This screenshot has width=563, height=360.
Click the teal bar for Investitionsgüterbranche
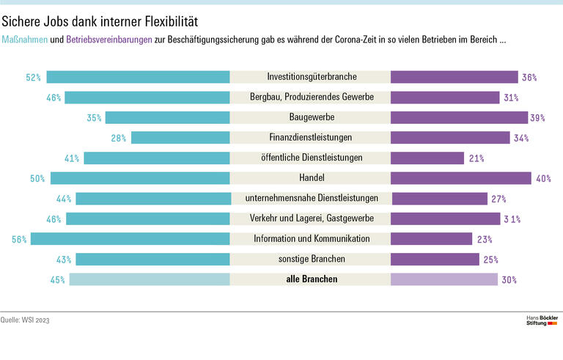[x=139, y=77]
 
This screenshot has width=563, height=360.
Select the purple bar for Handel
[x=460, y=178]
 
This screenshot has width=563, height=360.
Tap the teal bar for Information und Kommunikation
[x=130, y=239]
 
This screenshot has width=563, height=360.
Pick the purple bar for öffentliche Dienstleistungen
[x=427, y=158]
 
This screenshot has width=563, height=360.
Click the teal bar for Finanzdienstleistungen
[x=180, y=138]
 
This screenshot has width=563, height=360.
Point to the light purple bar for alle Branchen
[x=444, y=279]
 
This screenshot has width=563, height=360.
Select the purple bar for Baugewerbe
[x=459, y=117]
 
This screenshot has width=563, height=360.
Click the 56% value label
[x=20, y=239]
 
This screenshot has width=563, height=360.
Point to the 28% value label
[x=119, y=138]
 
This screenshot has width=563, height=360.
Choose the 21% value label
[x=474, y=158]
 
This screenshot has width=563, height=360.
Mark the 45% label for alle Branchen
[x=58, y=279]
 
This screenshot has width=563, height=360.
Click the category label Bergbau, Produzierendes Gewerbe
[x=311, y=97]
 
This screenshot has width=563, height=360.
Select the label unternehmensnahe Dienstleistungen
[x=311, y=198]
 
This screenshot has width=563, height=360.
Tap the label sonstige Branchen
[x=311, y=259]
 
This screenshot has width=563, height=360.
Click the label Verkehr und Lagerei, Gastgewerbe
[x=311, y=218]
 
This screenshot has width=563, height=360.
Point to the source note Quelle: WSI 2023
[x=26, y=320]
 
